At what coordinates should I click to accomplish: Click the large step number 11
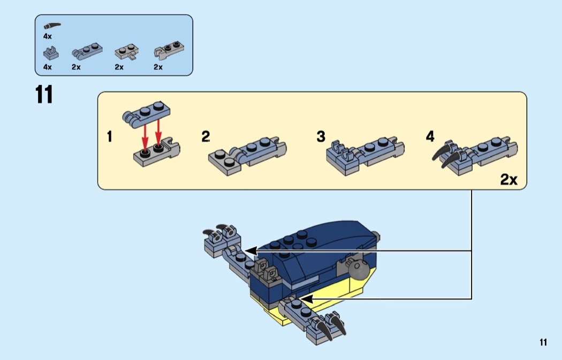coord(44,95)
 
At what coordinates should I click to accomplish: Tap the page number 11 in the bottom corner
coord(543,342)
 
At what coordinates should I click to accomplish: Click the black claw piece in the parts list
coord(52,25)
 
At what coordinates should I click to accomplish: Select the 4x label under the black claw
coord(48,36)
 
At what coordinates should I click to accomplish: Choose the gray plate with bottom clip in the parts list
coord(127,52)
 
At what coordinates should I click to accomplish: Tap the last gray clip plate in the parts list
coord(166,51)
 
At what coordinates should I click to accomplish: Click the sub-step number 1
coord(110,137)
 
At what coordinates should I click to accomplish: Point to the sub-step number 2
coord(206,137)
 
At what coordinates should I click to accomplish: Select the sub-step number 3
coord(321,137)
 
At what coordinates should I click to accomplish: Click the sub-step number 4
coord(430,137)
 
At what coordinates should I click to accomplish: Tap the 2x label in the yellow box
coord(508,180)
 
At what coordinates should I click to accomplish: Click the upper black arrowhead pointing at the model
coord(250,250)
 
